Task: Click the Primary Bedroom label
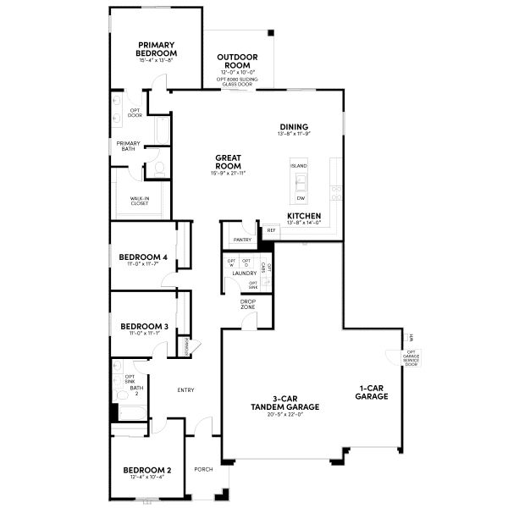tap(157, 49)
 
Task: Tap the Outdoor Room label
tap(239, 62)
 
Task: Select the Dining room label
tap(294, 127)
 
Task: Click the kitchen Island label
tap(299, 166)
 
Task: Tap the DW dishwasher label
tap(301, 198)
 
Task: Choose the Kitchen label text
tap(304, 217)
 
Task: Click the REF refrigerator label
tap(271, 229)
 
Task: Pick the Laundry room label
tap(244, 273)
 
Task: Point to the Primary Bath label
tap(129, 146)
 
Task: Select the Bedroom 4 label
tap(143, 257)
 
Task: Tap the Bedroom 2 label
tap(146, 470)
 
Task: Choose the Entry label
tap(185, 390)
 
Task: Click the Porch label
tap(203, 469)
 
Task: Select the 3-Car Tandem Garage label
tap(284, 403)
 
